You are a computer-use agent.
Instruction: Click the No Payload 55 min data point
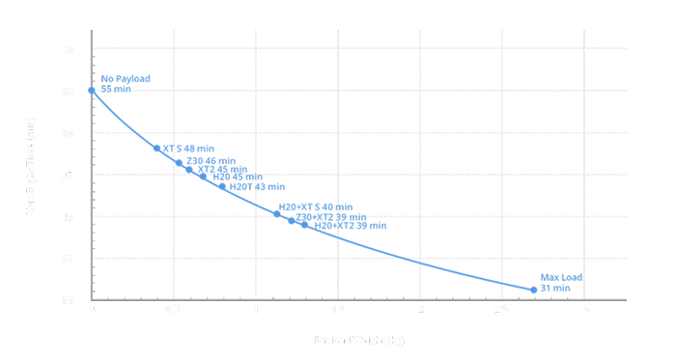[92, 91]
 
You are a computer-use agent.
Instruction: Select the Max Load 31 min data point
[534, 290]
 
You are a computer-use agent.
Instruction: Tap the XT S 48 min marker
[157, 149]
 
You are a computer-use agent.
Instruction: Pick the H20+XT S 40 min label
[315, 208]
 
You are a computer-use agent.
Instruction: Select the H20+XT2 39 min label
[350, 226]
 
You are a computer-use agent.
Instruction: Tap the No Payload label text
[126, 78]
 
